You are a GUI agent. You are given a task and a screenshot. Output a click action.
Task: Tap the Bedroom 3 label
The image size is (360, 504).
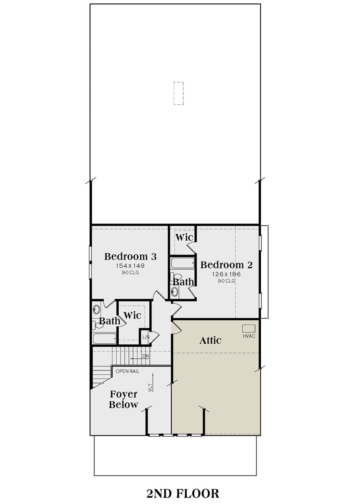pyautogui.click(x=130, y=256)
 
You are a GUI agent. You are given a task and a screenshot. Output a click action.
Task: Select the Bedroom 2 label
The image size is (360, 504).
pyautogui.click(x=226, y=265)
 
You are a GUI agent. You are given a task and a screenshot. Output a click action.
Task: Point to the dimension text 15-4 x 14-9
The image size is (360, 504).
pyautogui.click(x=130, y=266)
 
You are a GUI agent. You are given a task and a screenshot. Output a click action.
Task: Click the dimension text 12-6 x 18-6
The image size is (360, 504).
pyautogui.click(x=226, y=274)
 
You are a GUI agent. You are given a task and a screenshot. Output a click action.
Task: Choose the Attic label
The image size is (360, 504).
pyautogui.click(x=210, y=340)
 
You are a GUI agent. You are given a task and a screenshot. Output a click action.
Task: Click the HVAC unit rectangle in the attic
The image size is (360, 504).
pyautogui.click(x=249, y=328)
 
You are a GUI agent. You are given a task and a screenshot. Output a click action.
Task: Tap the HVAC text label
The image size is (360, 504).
pyautogui.click(x=249, y=336)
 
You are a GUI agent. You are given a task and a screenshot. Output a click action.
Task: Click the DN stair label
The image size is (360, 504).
pyautogui.click(x=145, y=356)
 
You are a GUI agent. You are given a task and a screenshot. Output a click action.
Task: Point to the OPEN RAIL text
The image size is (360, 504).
pyautogui.click(x=127, y=371)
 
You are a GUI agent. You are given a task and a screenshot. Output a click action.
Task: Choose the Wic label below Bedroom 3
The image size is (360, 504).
pyautogui.click(x=133, y=315)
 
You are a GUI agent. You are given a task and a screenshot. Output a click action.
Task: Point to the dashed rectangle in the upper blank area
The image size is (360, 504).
pyautogui.click(x=179, y=93)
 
